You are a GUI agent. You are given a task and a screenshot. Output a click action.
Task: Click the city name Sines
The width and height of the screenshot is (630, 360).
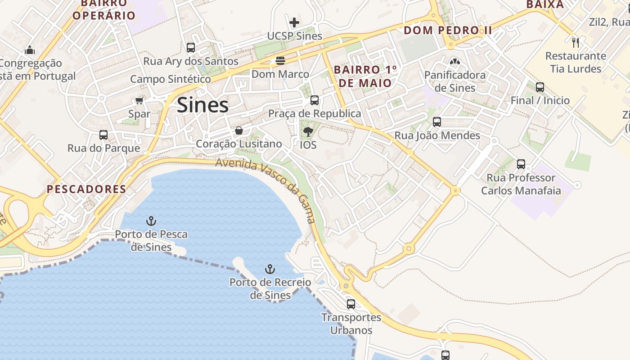point(202,105)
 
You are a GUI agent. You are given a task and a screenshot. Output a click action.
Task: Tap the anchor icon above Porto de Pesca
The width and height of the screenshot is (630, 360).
point(151,221)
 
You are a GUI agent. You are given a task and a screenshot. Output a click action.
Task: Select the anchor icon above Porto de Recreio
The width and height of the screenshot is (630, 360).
point(270,269)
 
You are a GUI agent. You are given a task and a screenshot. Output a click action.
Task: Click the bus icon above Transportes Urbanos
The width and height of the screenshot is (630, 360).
point(351,304)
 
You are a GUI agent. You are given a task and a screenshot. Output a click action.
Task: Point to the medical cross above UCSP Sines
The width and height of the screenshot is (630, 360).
point(294,22)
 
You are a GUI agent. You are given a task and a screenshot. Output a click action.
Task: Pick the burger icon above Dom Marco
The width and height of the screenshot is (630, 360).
point(280,60)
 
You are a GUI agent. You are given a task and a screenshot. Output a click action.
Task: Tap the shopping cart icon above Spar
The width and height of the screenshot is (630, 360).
point(139,100)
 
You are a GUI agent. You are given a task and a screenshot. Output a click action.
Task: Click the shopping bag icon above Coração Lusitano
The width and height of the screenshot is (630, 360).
point(239,130)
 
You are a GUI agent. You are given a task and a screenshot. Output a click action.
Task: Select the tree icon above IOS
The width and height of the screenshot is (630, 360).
point(308,131)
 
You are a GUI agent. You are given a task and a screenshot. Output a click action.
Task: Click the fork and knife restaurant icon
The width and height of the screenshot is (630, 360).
point(575,43)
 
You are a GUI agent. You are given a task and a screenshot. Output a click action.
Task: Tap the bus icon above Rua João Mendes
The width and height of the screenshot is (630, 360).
point(436,121)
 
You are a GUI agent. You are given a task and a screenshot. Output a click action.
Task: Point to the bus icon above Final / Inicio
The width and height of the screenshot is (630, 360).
point(540,87)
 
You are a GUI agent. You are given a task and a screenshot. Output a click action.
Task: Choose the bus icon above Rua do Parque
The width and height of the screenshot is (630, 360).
point(103,135)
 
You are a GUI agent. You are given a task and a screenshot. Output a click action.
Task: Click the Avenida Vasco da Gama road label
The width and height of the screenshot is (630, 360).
point(265,189)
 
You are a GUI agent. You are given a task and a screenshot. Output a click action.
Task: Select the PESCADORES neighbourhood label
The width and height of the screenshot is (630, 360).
point(87,189)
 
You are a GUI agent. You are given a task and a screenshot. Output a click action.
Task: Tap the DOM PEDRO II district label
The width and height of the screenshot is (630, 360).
point(448,31)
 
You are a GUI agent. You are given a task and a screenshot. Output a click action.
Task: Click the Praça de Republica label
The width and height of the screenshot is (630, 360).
point(315,113)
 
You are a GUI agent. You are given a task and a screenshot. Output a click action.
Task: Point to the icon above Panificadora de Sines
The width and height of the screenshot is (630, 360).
point(455,61)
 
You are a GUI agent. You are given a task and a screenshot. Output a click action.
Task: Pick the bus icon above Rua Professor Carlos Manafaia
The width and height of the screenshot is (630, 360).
point(521,164)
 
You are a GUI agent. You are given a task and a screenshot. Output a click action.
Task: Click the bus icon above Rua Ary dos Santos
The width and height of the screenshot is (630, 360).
point(191,47)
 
